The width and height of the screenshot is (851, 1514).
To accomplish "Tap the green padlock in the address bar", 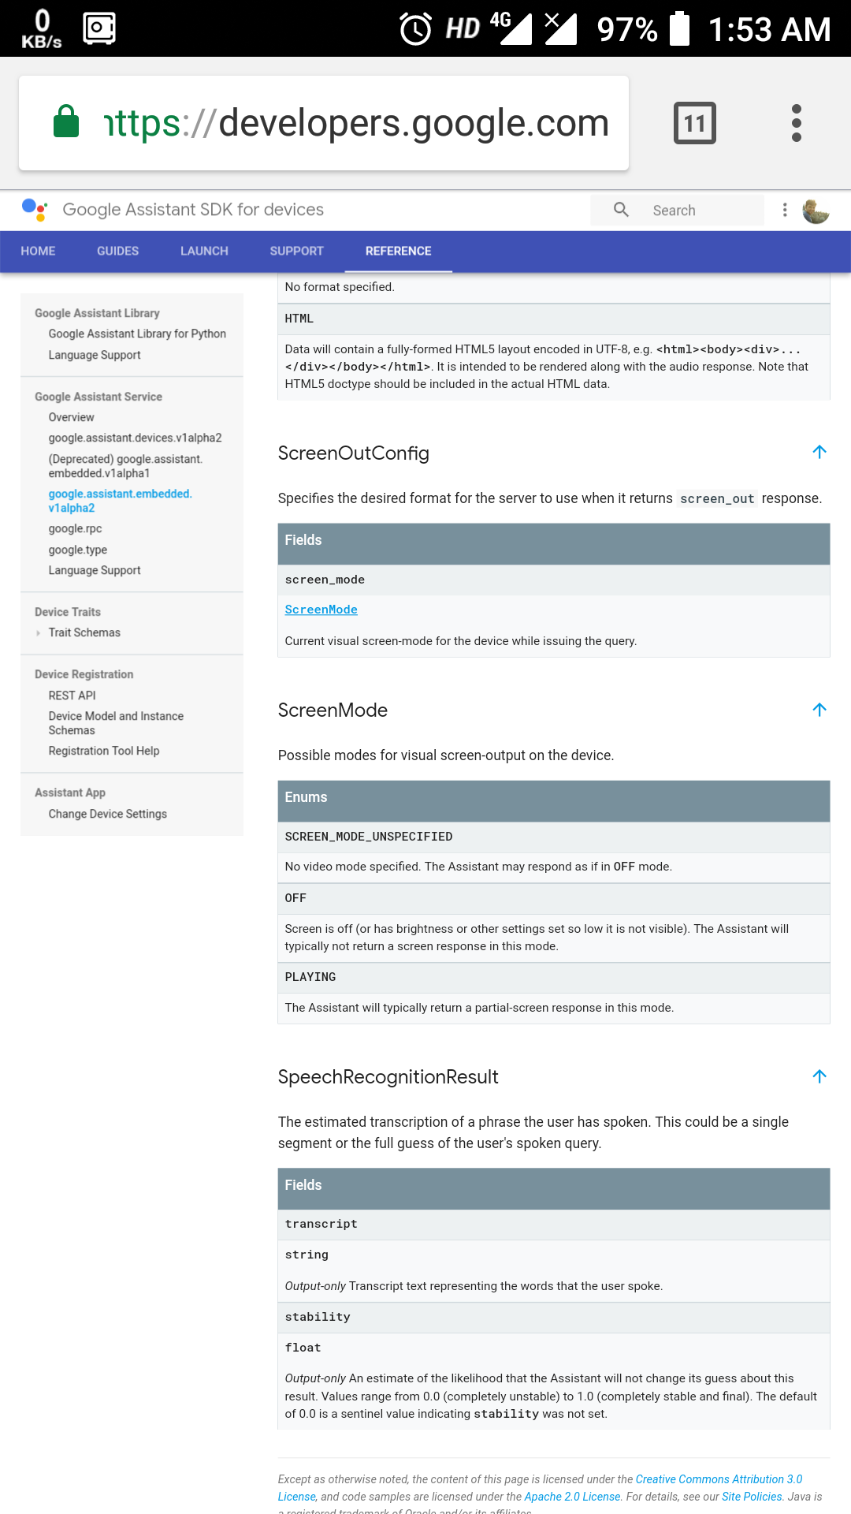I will [66, 122].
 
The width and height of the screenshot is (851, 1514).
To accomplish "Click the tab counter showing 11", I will [694, 123].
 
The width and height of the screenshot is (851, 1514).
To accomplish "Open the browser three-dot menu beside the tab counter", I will [797, 123].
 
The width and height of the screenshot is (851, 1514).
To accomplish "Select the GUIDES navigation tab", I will [117, 251].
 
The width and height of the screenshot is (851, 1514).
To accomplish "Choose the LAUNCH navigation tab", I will [204, 251].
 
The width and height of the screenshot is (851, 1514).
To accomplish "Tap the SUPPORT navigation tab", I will [296, 251].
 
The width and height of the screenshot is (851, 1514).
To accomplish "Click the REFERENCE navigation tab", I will [398, 251].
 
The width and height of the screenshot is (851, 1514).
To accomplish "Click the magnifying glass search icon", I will [621, 210].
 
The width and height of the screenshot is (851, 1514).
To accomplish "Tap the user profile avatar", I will [816, 211].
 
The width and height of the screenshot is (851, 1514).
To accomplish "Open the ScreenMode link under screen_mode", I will [321, 610].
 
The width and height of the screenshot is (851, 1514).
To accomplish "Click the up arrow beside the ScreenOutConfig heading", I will [819, 452].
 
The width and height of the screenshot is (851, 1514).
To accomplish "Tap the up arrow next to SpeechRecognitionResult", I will [819, 1076].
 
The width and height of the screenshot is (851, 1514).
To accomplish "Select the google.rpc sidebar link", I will [75, 528].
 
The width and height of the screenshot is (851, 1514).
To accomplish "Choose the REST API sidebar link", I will [72, 695].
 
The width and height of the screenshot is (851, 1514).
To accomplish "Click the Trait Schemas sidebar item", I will [84, 632].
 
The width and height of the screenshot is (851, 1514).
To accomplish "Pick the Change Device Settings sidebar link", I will [107, 814].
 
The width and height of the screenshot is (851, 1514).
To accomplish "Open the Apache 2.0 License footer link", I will [572, 1497].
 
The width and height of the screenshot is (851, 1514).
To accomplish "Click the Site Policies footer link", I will [752, 1497].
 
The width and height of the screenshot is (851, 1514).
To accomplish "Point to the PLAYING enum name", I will [310, 977].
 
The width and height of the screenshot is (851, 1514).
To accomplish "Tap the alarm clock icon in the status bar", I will [415, 29].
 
